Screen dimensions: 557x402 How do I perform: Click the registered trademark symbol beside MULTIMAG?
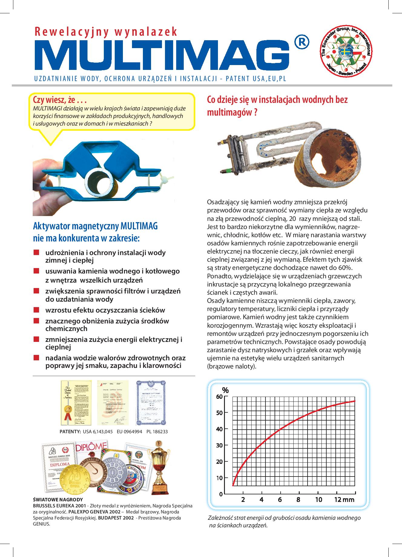(x=301, y=42)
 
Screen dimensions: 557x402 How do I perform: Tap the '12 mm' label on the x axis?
(x=344, y=500)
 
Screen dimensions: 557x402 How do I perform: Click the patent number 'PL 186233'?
(x=157, y=432)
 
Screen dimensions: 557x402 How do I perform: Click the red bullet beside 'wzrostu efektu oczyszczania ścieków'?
(x=37, y=310)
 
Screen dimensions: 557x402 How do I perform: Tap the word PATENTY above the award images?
(x=70, y=432)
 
